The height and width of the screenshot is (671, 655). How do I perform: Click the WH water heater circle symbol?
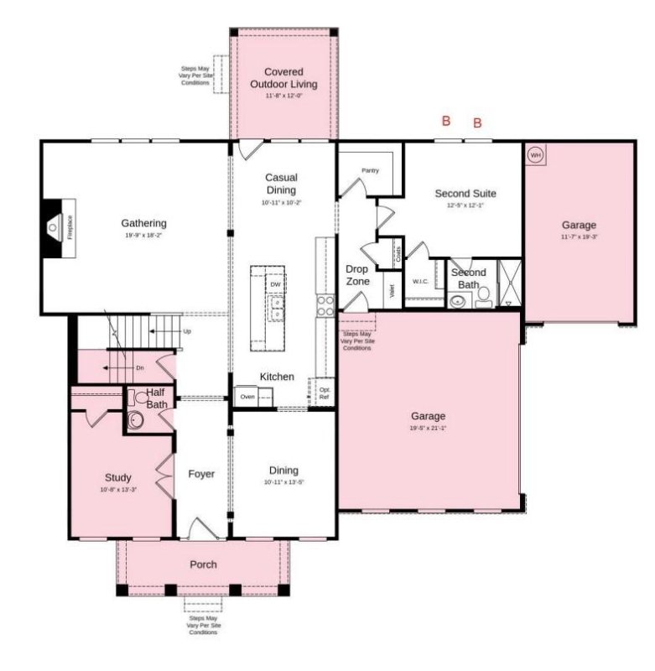point(535,155)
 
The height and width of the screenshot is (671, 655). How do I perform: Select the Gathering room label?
point(143,223)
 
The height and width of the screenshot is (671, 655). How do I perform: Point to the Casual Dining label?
point(281,184)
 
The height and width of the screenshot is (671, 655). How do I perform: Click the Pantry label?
point(370,170)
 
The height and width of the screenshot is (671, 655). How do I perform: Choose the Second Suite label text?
point(460,194)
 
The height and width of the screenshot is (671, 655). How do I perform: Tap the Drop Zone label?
point(358,275)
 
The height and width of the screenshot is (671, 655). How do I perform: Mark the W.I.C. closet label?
point(420,281)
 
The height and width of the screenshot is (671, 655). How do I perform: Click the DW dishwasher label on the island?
point(275,285)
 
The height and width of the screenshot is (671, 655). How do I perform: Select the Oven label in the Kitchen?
point(247,396)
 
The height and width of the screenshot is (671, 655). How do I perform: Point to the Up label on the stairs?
point(186,331)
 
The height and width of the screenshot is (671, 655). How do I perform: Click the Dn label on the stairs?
point(139,368)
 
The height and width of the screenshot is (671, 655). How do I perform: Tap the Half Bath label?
point(157,398)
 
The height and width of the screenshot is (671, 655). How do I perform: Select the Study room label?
point(118,477)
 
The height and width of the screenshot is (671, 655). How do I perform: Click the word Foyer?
point(201,474)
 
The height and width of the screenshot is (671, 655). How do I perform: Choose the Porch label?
point(203,564)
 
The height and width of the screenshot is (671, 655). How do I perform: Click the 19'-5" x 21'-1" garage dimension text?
point(428,428)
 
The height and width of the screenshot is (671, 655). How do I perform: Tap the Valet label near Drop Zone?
point(392,291)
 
